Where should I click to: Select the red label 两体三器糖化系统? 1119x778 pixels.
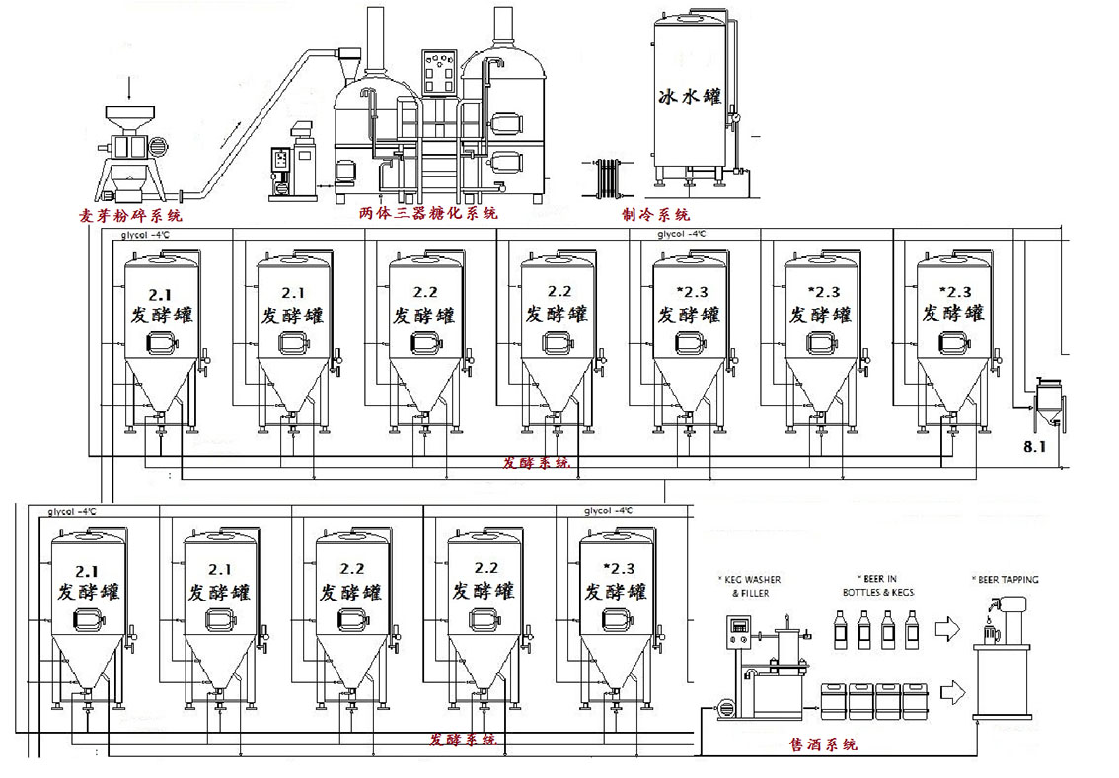pos(428,212)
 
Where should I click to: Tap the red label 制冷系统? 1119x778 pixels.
pos(656,214)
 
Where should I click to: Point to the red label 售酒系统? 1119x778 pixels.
pos(823,744)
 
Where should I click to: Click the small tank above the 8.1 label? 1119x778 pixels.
pos(1046,400)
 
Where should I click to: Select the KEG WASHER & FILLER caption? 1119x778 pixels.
pos(752,586)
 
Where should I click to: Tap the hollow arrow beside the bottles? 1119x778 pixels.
pos(947,627)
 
